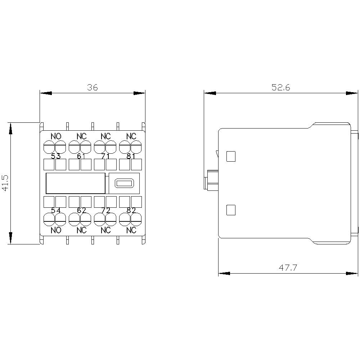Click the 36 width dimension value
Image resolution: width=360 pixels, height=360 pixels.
[92, 87]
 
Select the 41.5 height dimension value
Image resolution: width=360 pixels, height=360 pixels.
[5, 183]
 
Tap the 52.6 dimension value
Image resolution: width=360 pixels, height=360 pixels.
[281, 87]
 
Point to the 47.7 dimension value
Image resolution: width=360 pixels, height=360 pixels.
[288, 268]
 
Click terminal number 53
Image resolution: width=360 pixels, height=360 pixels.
[56, 156]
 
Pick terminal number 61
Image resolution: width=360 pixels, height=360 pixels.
[81, 156]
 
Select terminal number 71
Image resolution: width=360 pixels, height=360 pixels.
[105, 156]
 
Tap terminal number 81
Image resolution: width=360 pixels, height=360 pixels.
[131, 156]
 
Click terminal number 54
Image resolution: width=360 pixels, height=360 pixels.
[56, 210]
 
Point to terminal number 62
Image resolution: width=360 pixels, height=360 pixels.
[81, 210]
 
